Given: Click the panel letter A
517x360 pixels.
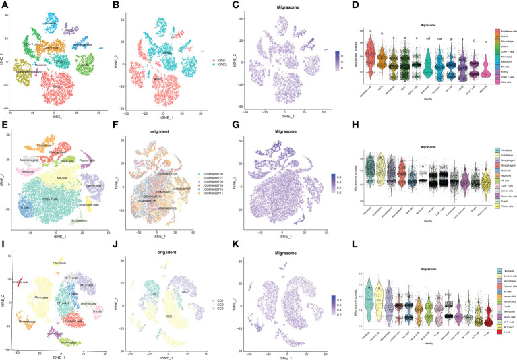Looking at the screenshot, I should (4, 5).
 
